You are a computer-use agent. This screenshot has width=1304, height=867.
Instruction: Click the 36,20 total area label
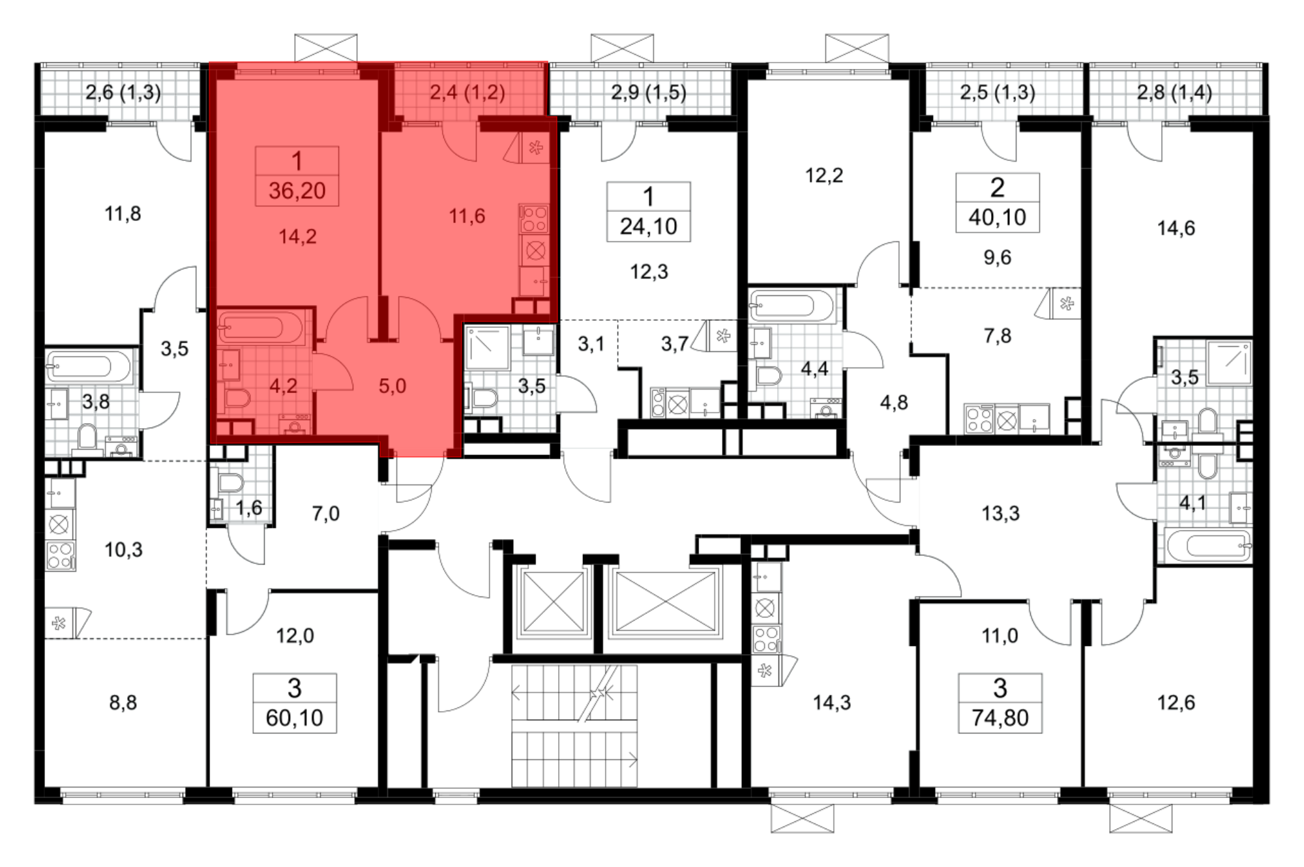click(x=297, y=190)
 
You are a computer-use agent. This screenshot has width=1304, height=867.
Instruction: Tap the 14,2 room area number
click(x=297, y=236)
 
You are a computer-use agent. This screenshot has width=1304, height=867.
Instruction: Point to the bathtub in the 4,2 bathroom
click(x=261, y=327)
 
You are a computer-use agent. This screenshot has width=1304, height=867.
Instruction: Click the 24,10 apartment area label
click(x=648, y=226)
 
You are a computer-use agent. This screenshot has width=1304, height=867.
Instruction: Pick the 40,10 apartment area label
click(x=997, y=217)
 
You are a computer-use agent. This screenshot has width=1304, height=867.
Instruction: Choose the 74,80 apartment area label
click(x=1000, y=718)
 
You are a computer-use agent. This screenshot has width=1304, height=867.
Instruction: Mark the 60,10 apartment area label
click(x=294, y=718)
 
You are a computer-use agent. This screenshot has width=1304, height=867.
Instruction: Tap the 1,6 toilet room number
click(x=248, y=507)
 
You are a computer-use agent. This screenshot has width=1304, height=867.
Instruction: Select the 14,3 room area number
click(x=831, y=703)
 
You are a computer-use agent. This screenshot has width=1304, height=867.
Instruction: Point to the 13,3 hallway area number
click(x=1000, y=514)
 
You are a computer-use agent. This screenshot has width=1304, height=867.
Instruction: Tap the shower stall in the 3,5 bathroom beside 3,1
click(x=487, y=349)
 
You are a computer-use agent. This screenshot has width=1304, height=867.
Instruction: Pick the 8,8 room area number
click(x=123, y=703)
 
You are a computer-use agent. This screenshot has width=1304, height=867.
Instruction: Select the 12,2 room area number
click(x=824, y=175)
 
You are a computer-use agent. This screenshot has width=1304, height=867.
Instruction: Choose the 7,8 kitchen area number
click(x=998, y=336)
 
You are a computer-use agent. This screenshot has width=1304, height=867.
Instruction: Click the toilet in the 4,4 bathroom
click(x=767, y=375)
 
